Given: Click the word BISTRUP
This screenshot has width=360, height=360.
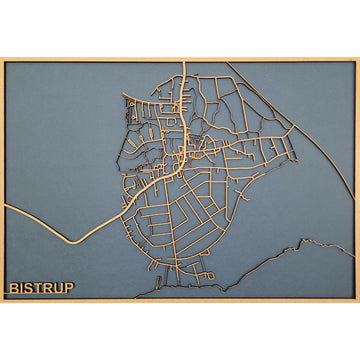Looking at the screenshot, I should tap(42, 288).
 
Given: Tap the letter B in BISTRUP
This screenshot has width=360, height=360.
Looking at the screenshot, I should tap(14, 288).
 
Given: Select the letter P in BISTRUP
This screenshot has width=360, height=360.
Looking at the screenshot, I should tap(69, 288).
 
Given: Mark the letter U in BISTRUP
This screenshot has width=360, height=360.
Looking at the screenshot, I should tap(59, 288).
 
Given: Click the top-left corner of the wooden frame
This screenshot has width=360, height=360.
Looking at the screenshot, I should tap(2, 59).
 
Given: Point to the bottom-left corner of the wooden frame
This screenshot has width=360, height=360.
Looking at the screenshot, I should tap(2, 301).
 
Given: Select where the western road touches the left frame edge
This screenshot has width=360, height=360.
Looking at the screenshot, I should tap(4, 206).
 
